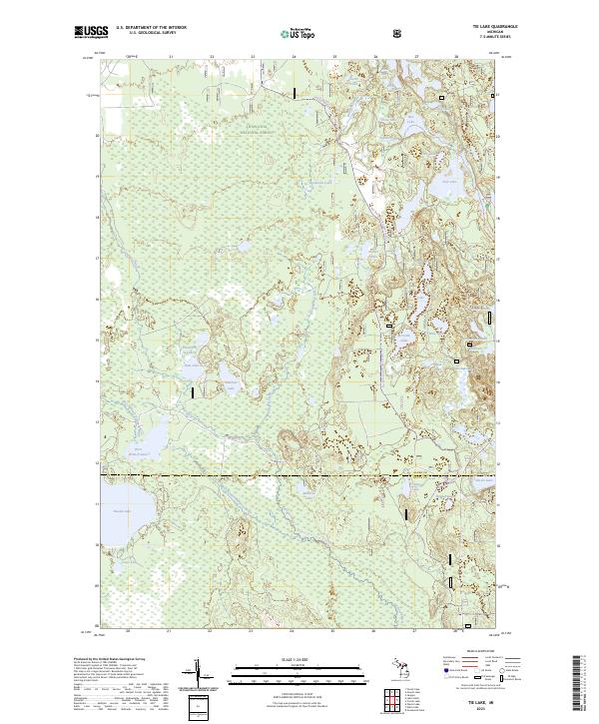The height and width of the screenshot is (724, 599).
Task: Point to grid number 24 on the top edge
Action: [x=293, y=57]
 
